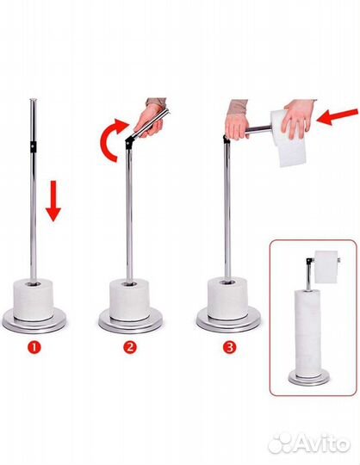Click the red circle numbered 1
[x=34, y=347]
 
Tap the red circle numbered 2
[x=130, y=347]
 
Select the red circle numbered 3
[x=229, y=347]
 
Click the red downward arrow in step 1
[x=53, y=201]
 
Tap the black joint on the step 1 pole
[x=33, y=146]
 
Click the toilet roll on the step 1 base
[x=34, y=300]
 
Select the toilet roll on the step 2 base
[x=129, y=300]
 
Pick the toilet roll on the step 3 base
[x=227, y=298]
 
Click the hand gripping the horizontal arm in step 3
[x=237, y=121]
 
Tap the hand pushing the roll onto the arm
[x=297, y=119]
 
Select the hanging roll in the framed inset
[x=326, y=266]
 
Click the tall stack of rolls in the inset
[x=308, y=333]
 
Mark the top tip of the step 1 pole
[x=34, y=99]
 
